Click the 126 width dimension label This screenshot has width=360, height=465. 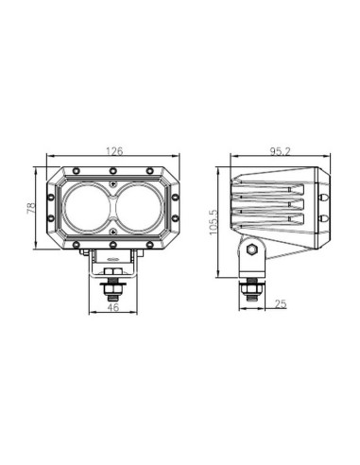[x=112, y=151]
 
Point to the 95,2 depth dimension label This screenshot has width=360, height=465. [x=278, y=151]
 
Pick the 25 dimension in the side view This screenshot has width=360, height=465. [x=282, y=303]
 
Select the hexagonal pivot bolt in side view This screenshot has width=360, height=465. [x=252, y=250]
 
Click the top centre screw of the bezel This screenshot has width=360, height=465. [x=112, y=171]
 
